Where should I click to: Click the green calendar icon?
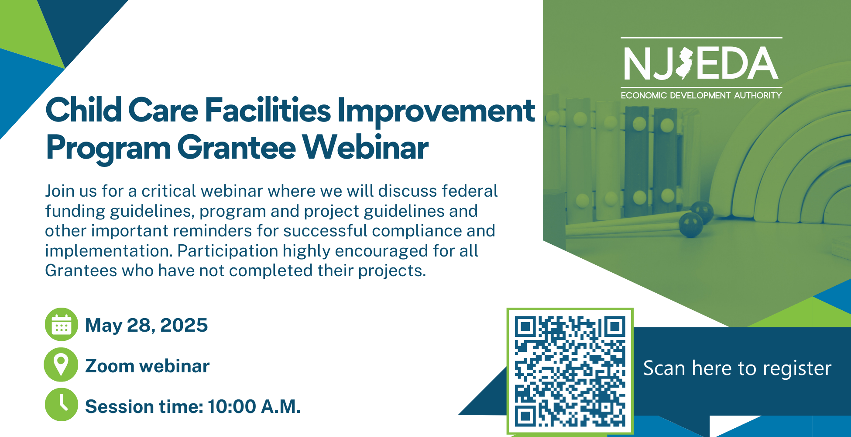(x=62, y=324)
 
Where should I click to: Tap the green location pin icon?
(x=62, y=364)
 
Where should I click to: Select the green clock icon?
(x=62, y=405)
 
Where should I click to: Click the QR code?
(x=570, y=371)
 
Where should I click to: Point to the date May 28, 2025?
(x=146, y=326)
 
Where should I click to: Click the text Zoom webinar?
(x=147, y=366)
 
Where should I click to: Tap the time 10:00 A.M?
(x=254, y=406)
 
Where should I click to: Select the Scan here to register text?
(x=737, y=368)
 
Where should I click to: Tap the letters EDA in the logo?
(x=737, y=63)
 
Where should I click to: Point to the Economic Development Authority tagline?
(x=701, y=95)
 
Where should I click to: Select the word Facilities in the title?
(x=268, y=110)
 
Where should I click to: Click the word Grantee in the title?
(x=237, y=148)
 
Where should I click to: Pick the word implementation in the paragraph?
(x=109, y=251)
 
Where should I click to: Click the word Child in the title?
(x=84, y=110)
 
